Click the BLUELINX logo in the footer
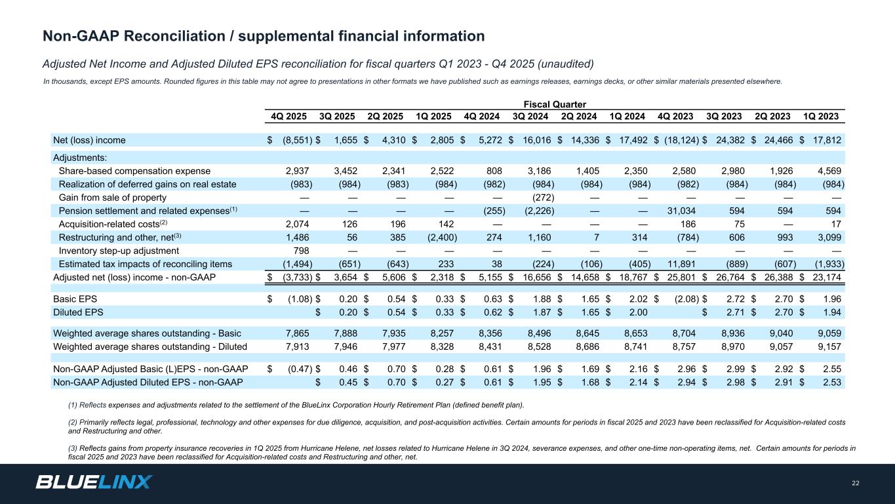(x=94, y=482)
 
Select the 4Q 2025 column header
(x=288, y=117)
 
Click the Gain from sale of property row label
(x=113, y=198)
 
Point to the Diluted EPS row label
(x=78, y=313)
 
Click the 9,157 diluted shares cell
(x=829, y=346)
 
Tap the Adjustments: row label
(x=79, y=157)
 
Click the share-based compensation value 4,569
(x=829, y=171)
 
